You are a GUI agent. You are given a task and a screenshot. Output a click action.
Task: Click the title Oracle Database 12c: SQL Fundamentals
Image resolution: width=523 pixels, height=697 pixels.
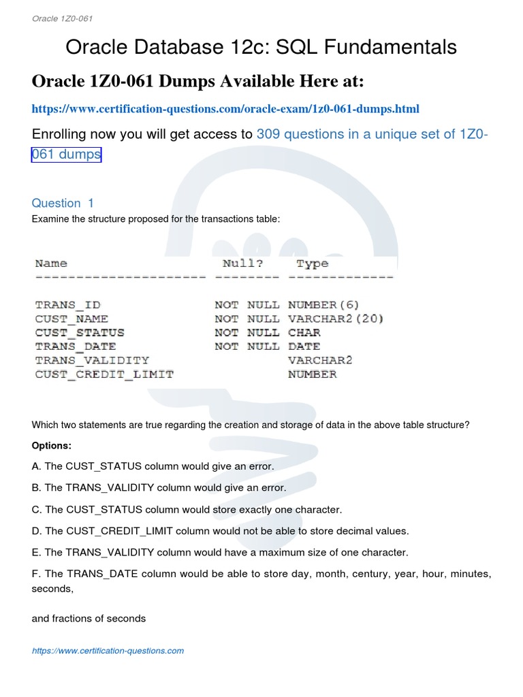coord(261,47)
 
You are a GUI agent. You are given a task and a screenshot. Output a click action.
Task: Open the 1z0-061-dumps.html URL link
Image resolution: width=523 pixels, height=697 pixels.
coord(225,109)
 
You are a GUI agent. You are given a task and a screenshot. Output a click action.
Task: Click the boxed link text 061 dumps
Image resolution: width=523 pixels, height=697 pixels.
coord(66,155)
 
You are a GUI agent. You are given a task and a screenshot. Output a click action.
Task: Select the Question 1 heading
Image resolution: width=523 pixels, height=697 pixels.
coord(63,203)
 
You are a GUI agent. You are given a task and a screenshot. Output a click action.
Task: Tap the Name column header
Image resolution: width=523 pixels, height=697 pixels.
coord(51,263)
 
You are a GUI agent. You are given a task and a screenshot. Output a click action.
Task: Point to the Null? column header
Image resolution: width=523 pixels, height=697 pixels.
coord(242,263)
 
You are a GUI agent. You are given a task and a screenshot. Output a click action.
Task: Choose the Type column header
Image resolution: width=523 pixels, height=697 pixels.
coord(312,263)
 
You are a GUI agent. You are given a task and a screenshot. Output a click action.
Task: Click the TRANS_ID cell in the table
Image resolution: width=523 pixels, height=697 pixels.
coord(67,305)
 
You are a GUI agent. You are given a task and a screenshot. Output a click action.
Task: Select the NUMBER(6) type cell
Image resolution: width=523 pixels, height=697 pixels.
coord(323,305)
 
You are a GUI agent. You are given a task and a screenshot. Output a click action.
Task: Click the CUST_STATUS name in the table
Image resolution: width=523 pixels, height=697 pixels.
coord(80,333)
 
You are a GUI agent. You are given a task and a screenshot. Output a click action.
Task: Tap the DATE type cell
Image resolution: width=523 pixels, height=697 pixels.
coord(304,346)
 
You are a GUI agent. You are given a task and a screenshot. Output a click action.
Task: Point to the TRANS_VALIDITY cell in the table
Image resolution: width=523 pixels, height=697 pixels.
coord(92,360)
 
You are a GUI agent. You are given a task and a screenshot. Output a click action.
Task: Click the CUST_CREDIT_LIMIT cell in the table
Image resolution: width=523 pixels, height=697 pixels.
coord(104,374)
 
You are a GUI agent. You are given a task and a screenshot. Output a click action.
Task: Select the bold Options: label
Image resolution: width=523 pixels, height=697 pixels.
coord(51,445)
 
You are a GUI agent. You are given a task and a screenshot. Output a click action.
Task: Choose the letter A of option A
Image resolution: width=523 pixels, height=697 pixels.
coord(35,466)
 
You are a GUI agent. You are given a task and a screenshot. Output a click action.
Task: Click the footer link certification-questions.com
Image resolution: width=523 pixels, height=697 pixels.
coord(108,651)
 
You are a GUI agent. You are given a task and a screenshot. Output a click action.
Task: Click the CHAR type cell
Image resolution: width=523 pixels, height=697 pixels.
coord(304,333)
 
